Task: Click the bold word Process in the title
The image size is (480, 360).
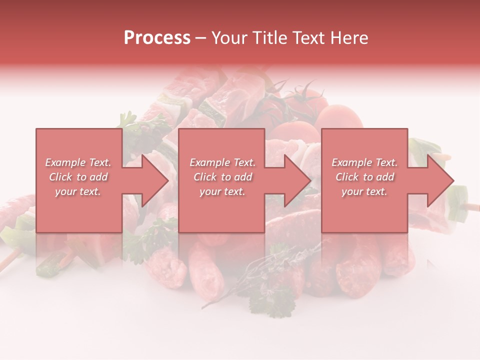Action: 157,38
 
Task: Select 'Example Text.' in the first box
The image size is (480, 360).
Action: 78,162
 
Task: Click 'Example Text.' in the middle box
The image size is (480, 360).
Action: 222,162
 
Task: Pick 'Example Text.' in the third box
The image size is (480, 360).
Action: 364,162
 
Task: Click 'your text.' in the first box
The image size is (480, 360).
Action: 78,191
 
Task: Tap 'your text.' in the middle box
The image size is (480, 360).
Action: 222,191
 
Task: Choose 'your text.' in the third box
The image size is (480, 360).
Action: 364,191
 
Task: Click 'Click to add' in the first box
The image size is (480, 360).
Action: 78,177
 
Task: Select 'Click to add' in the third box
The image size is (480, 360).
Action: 364,177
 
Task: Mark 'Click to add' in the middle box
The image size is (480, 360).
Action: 222,177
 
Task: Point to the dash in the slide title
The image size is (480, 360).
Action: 200,38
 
